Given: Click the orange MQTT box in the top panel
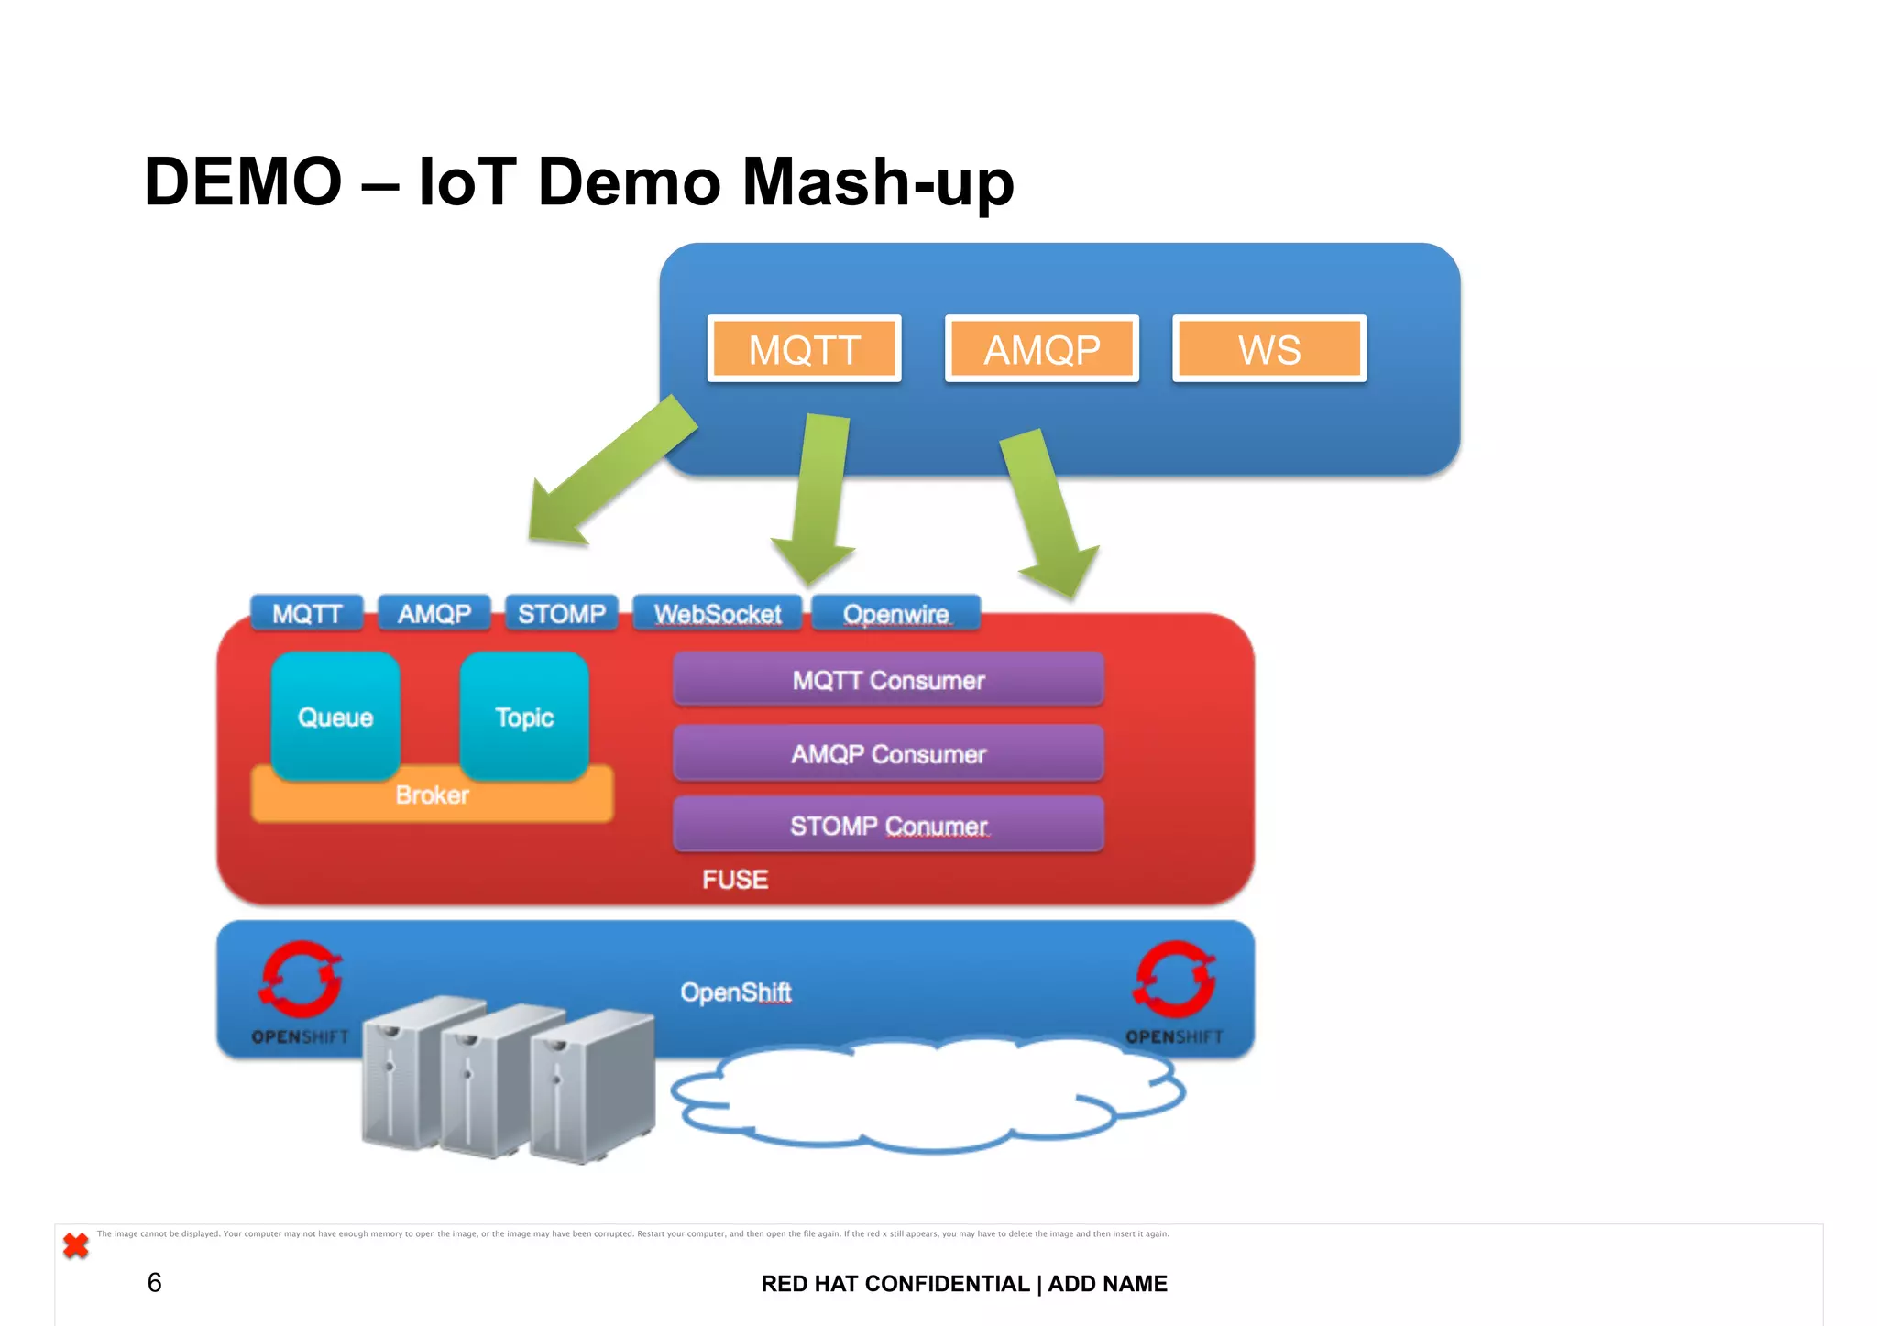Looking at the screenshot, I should (804, 349).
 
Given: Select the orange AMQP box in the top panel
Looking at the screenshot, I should (1041, 349).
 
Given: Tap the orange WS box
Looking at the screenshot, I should (1269, 349).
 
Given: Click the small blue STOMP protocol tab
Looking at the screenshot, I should (561, 613).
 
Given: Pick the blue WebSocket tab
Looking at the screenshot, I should (717, 613).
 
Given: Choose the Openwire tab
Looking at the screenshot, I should (895, 613).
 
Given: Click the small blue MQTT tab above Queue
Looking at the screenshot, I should (307, 613).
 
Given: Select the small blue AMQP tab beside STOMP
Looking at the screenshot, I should (434, 613).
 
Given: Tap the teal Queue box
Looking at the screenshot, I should (335, 716).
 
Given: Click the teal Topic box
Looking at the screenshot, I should (524, 716).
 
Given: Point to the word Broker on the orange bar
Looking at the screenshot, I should (432, 795).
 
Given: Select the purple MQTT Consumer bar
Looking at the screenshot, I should (888, 680).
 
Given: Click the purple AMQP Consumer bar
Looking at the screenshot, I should (888, 753).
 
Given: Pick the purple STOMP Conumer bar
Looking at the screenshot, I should (888, 826).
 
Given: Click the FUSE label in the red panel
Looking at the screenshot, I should (735, 880).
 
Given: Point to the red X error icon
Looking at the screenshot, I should (76, 1245).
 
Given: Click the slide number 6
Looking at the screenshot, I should (154, 1282).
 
